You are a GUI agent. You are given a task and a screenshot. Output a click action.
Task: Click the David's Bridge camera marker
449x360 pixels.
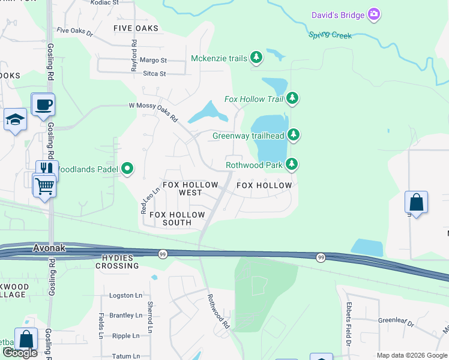pyautogui.click(x=374, y=14)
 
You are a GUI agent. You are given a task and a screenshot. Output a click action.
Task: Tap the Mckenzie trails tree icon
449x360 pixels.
pyautogui.click(x=257, y=58)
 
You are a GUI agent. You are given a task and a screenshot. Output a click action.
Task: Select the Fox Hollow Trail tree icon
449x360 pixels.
pyautogui.click(x=292, y=98)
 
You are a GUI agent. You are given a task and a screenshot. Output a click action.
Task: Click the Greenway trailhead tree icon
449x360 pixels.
pyautogui.click(x=294, y=135)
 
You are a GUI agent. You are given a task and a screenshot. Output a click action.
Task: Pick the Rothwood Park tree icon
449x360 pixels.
pyautogui.click(x=292, y=164)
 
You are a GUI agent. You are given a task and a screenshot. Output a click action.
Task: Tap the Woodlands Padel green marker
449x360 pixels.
pyautogui.click(x=127, y=169)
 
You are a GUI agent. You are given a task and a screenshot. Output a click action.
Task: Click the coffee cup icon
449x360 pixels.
pyautogui.click(x=43, y=105)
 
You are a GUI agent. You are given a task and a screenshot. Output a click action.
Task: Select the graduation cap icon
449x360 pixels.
pyautogui.click(x=15, y=119)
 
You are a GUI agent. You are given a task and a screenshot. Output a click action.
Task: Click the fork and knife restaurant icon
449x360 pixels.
pyautogui.click(x=47, y=170)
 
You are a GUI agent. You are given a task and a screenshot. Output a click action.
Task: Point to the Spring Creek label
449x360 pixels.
pyautogui.click(x=330, y=35)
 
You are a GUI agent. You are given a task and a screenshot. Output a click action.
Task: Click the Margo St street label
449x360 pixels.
pyautogui.click(x=153, y=61)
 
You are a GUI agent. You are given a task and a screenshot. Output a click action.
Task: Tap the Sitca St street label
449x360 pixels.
pyautogui.click(x=154, y=74)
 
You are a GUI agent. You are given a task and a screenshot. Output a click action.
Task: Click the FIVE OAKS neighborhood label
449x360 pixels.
pyautogui.click(x=136, y=28)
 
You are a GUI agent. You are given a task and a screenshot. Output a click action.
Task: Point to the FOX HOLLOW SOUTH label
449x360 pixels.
pyautogui.click(x=177, y=218)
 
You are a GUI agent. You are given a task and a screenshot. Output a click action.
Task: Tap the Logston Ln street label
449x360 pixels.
pyautogui.click(x=125, y=296)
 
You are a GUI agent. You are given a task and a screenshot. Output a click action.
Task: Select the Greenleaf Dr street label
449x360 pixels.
pyautogui.click(x=396, y=320)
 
